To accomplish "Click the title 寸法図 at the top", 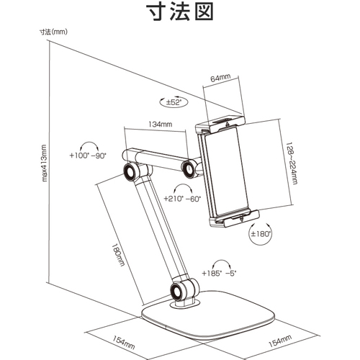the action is coord(180,12).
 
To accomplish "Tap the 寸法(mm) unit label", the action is coord(53,32).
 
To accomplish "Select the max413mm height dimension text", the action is coord(44,163).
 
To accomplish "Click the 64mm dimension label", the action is coord(220,78).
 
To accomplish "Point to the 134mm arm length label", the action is coord(161,124).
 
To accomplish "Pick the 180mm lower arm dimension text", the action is coord(118,255).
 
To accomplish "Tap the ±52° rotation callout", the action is coord(174,102).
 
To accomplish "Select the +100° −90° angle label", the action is coord(88,156).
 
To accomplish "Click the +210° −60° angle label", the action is coord(182,199).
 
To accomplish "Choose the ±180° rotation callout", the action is coord(260,233).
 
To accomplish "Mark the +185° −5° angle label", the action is coord(219,274).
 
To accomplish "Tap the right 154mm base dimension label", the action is coord(280,341).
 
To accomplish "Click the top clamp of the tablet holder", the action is coord(220,125).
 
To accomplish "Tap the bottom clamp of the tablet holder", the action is coord(234,218).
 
